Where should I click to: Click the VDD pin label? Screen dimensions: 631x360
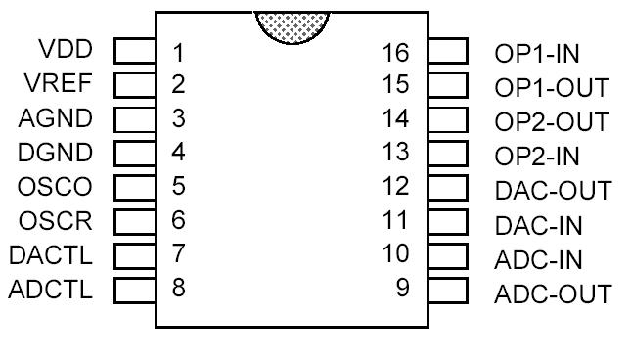click(66, 50)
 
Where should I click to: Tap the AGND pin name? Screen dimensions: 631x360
click(57, 118)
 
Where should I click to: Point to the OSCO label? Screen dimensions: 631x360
click(56, 186)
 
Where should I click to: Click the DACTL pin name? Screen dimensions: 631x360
click(51, 254)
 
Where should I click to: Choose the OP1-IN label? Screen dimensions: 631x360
click(538, 54)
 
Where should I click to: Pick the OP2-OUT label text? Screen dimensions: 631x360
click(552, 122)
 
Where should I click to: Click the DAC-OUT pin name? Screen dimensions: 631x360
click(554, 191)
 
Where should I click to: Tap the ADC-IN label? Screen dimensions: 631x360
click(539, 259)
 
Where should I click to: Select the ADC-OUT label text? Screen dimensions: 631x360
click(553, 293)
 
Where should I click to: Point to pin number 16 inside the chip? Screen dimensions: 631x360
click(396, 51)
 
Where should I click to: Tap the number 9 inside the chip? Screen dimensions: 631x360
click(402, 290)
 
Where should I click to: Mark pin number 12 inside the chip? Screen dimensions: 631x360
click(396, 187)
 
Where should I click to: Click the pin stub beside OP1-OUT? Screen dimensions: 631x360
click(447, 85)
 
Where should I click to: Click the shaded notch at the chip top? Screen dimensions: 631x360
click(291, 23)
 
